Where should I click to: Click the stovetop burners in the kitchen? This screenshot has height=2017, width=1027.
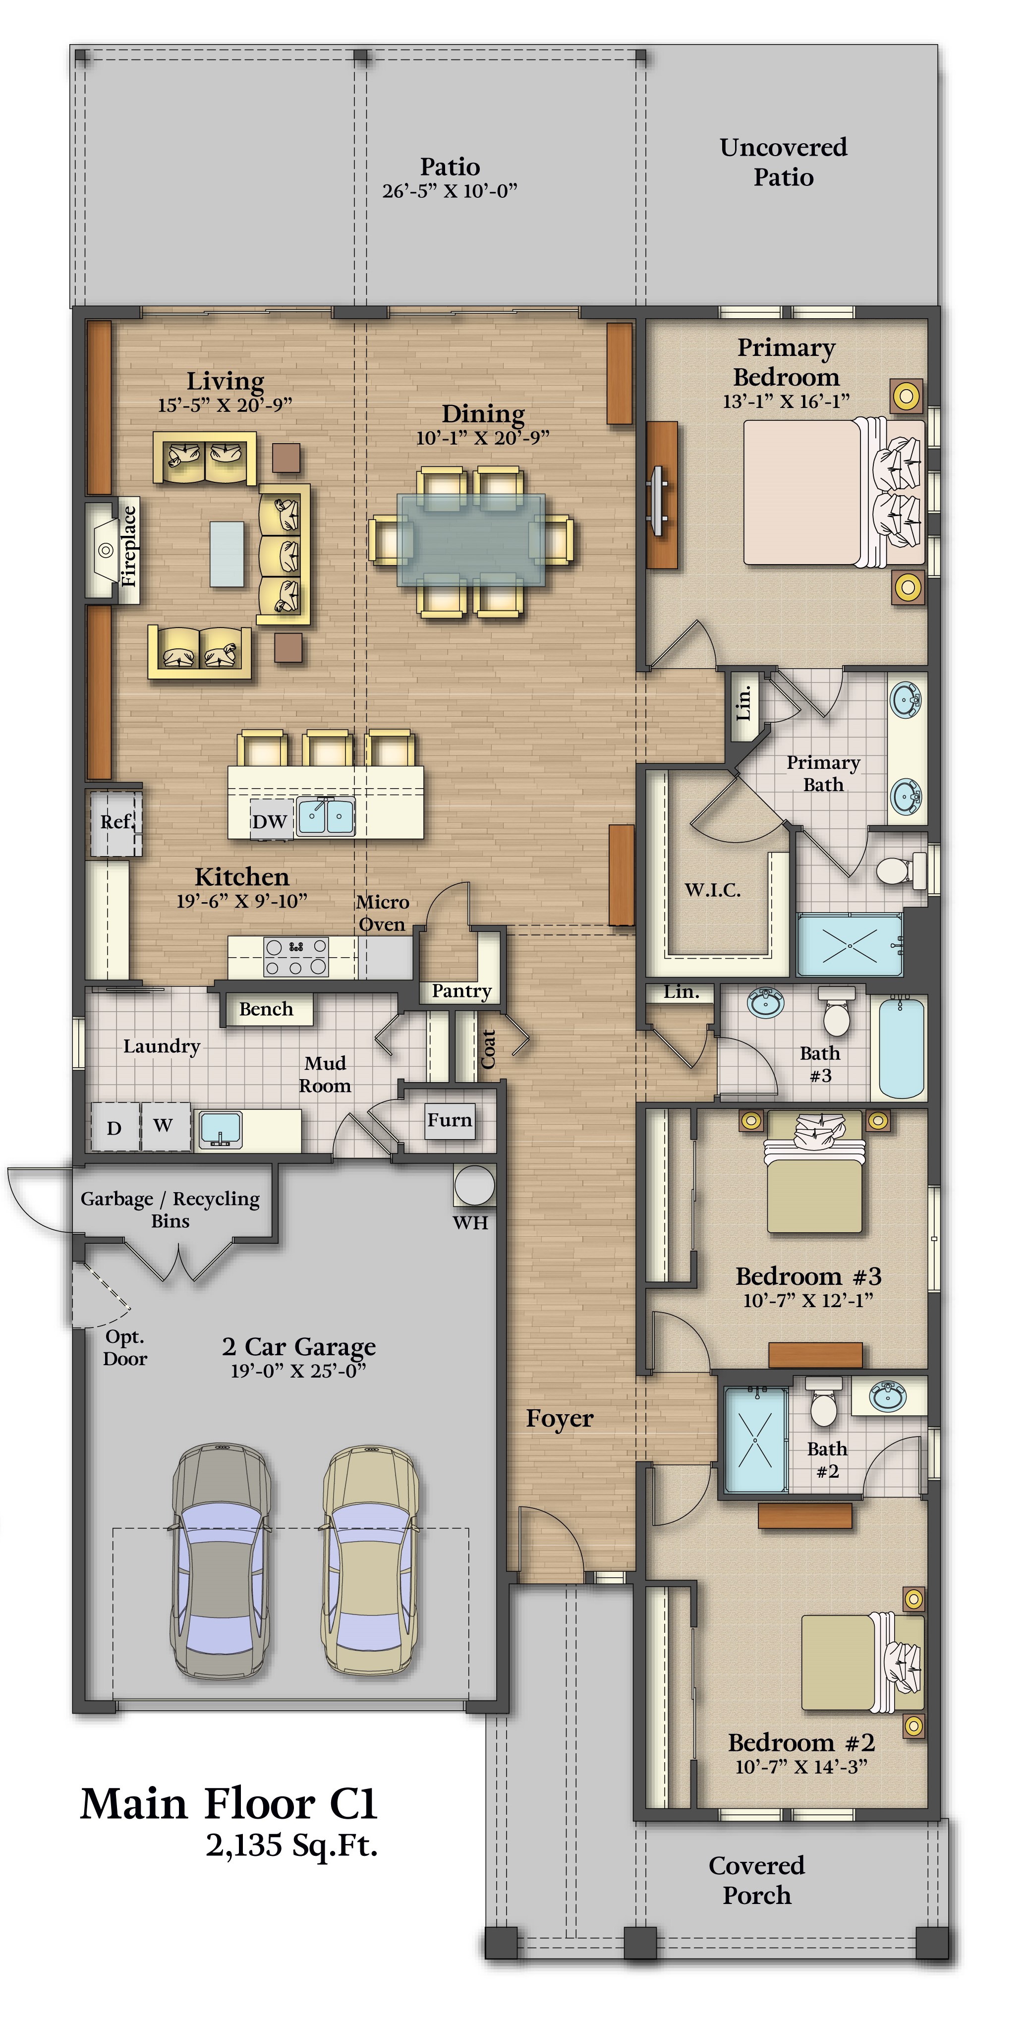pos(296,957)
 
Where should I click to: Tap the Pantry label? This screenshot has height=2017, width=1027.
pos(462,991)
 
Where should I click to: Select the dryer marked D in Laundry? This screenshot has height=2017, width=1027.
pos(115,1127)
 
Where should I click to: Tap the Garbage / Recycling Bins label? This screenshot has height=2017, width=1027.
pos(170,1210)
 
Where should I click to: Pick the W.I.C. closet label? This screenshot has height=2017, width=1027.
pos(712,890)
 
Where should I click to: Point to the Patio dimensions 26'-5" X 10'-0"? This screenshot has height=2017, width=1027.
pos(450,191)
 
